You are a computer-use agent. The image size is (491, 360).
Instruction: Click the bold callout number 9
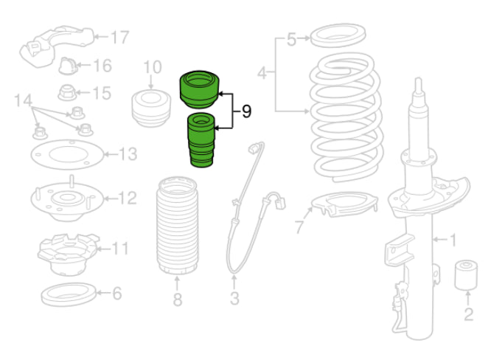click(247, 111)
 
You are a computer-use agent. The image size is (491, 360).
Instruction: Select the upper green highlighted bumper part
click(200, 89)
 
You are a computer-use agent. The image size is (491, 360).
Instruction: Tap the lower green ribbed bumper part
click(201, 140)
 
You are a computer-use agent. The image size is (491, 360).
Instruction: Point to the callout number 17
click(120, 38)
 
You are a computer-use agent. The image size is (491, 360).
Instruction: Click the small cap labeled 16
click(68, 66)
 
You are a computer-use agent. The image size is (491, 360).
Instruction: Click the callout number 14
click(23, 100)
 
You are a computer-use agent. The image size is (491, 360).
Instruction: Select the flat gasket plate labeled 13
click(67, 154)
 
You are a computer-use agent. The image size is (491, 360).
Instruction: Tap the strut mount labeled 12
click(67, 198)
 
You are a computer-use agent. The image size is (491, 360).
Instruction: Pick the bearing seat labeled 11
click(68, 255)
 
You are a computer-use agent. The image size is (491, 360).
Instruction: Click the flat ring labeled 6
click(69, 294)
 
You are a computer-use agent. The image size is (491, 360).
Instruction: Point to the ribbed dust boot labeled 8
click(177, 226)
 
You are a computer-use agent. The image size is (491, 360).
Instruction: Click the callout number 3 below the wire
click(234, 298)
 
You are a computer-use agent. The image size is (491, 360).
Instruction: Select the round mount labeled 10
click(151, 108)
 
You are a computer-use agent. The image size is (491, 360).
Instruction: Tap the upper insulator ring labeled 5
click(338, 35)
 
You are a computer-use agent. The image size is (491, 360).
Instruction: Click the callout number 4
click(262, 73)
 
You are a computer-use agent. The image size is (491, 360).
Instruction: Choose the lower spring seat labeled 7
click(345, 204)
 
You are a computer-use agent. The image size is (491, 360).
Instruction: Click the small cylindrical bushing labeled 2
click(466, 274)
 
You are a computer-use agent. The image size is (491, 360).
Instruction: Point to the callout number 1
click(453, 240)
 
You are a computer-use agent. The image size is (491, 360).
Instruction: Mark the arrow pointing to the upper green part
click(226, 94)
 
